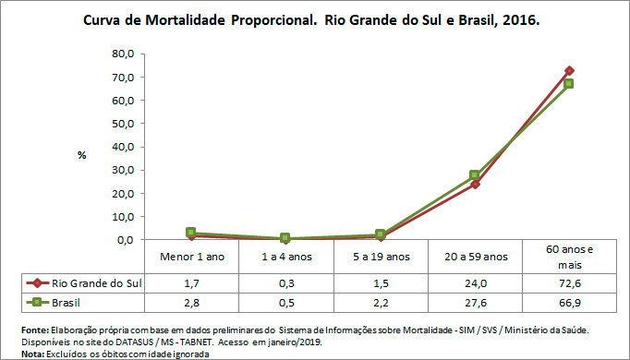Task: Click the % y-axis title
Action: pos(81,155)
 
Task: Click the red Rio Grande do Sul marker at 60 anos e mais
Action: pos(569,71)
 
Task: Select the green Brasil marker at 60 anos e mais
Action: pos(569,84)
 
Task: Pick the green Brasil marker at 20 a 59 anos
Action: pos(474,175)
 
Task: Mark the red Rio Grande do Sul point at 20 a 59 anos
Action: pos(474,184)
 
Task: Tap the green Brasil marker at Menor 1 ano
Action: pos(190,233)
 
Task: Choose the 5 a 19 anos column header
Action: pos(380,256)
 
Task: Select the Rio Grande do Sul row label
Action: pos(93,282)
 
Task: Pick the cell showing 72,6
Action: pos(569,282)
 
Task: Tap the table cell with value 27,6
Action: pos(474,302)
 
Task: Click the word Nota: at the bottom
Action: pos(33,353)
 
